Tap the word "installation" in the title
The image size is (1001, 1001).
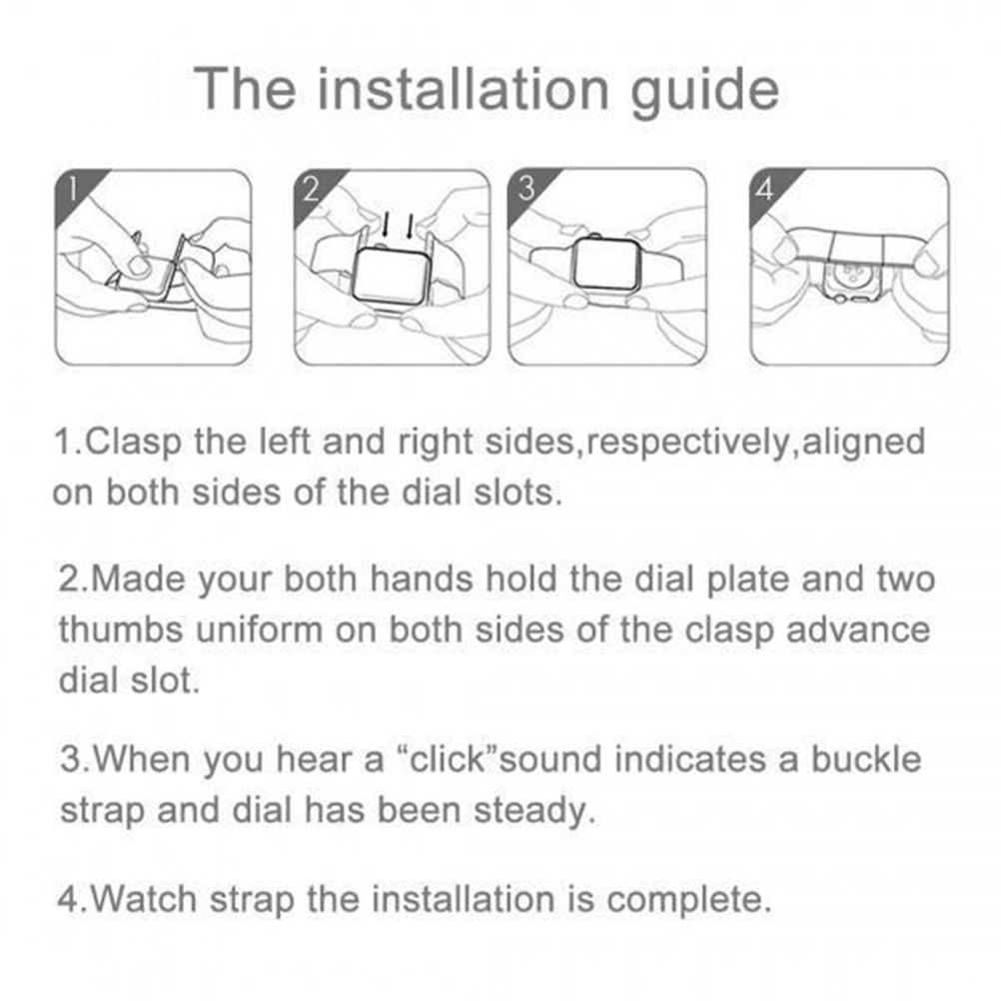[463, 88]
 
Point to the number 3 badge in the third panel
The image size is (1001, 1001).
[527, 189]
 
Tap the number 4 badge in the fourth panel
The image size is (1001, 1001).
[768, 189]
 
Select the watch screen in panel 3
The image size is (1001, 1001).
[605, 265]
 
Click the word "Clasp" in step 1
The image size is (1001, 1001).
[133, 443]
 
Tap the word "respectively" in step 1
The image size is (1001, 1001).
[687, 443]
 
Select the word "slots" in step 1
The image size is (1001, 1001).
[513, 493]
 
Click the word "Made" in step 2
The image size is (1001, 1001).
[137, 579]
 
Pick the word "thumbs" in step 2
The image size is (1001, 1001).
[121, 630]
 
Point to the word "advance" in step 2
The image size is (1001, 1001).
[858, 630]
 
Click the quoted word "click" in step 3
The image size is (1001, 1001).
[448, 759]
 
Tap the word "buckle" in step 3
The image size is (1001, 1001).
[866, 759]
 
